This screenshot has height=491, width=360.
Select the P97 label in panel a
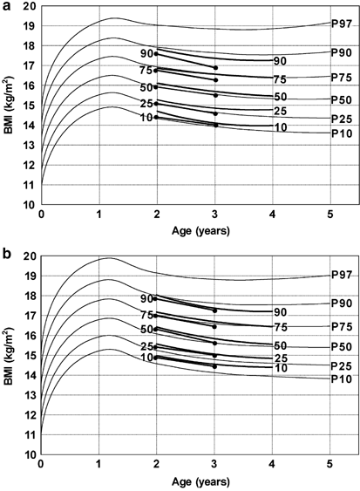[342, 23]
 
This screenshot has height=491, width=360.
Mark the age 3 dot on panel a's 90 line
[215, 68]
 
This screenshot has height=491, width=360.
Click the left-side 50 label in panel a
[146, 86]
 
